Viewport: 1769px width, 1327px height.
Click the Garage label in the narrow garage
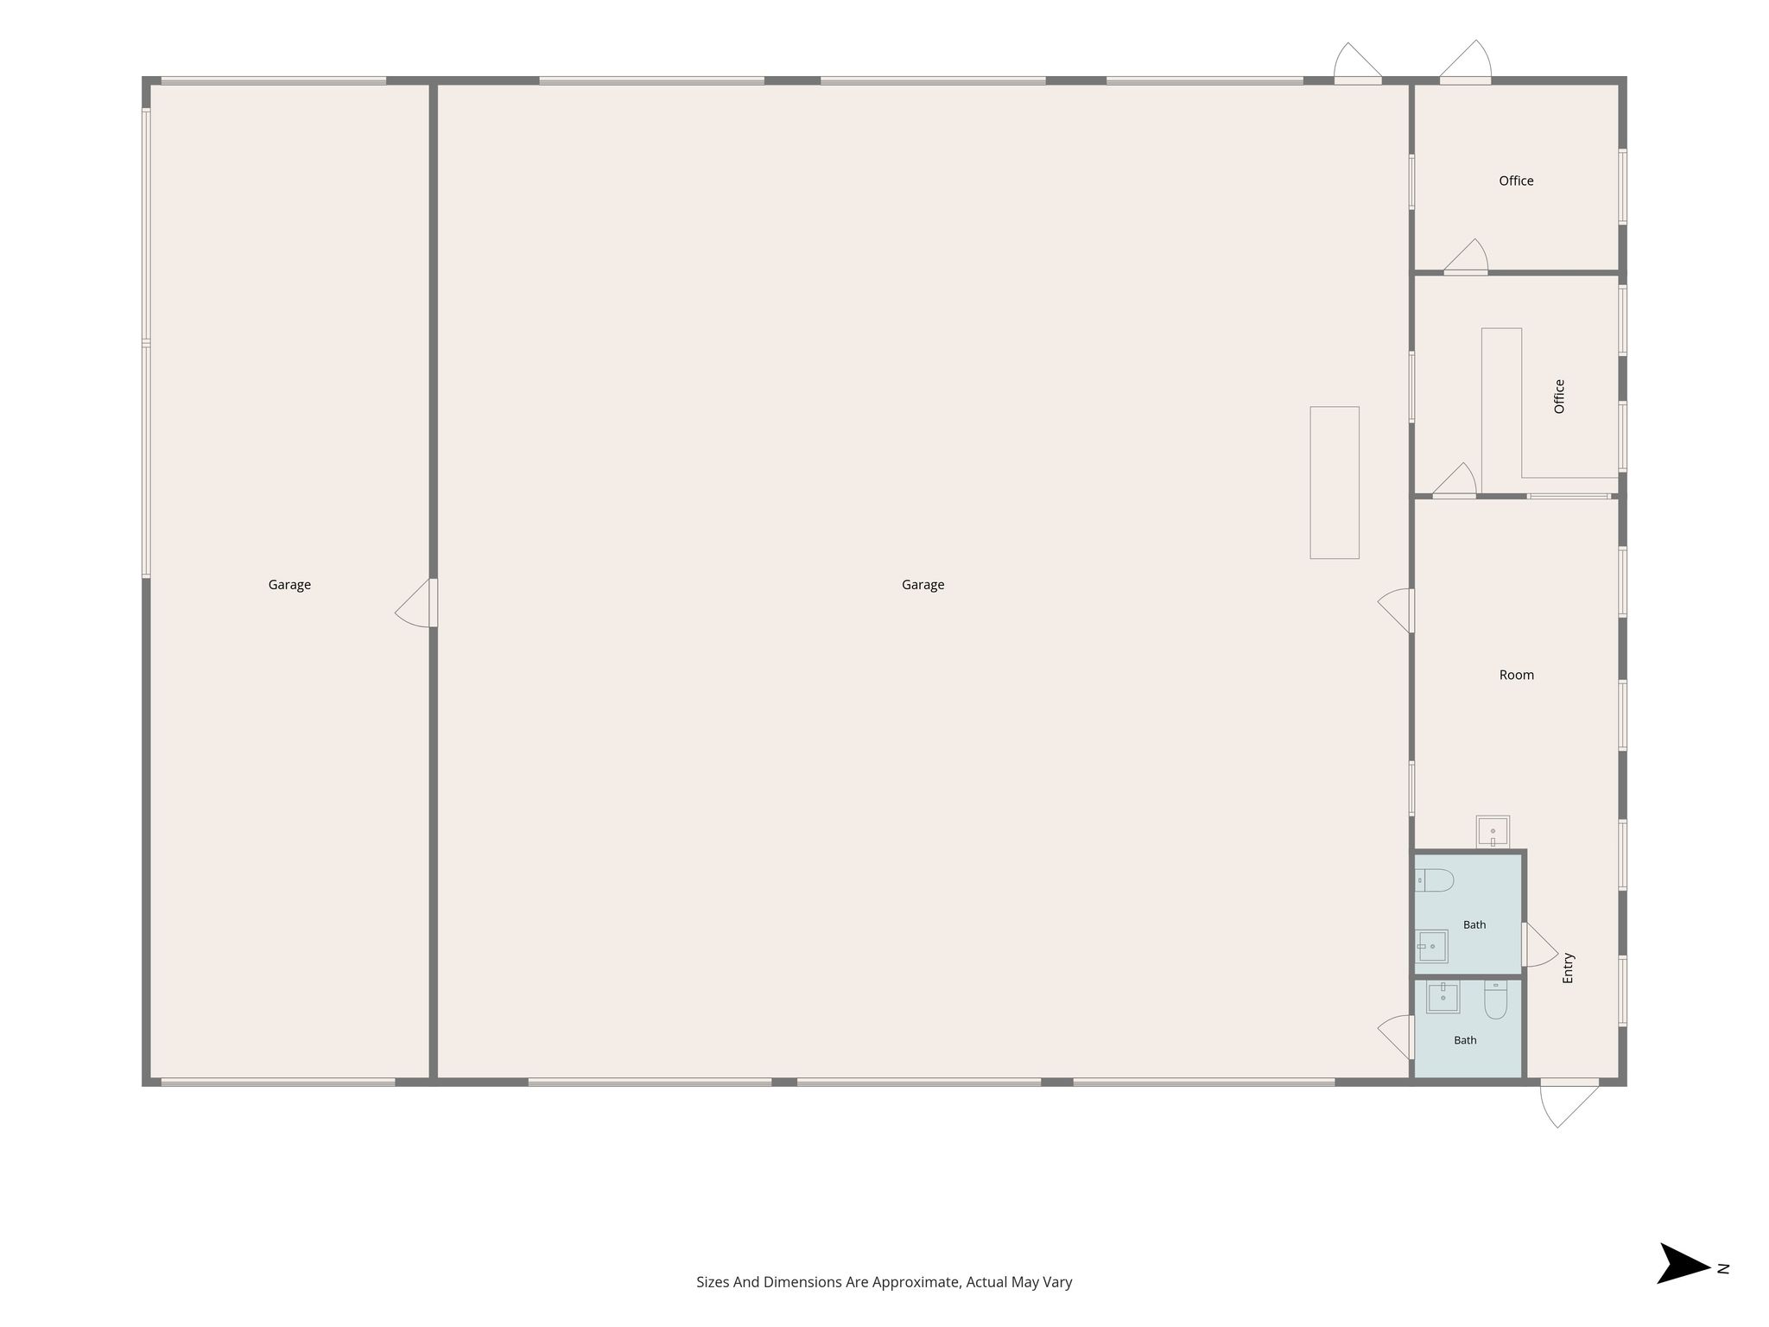click(x=289, y=585)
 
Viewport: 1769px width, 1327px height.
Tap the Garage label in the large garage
click(x=923, y=585)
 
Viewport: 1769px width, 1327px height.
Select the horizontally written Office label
click(x=1516, y=181)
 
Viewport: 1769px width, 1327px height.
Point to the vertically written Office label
click(x=1559, y=397)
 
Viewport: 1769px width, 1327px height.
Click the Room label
click(x=1517, y=675)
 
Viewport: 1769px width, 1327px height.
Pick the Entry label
click(x=1569, y=968)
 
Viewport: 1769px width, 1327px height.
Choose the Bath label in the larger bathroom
click(x=1474, y=924)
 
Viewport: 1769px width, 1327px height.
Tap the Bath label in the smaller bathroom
click(x=1465, y=1040)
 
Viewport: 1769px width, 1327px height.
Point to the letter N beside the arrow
click(x=1723, y=1269)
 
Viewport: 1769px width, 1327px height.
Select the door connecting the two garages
click(x=415, y=604)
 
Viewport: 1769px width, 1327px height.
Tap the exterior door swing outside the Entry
click(x=1568, y=1105)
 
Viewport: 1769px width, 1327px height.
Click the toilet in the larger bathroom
click(x=1434, y=880)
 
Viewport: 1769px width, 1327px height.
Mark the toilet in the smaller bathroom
click(x=1495, y=1000)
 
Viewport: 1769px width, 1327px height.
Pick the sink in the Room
click(x=1493, y=832)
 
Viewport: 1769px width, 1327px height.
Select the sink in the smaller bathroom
click(x=1442, y=997)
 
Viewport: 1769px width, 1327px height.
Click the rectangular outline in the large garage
click(x=1335, y=483)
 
